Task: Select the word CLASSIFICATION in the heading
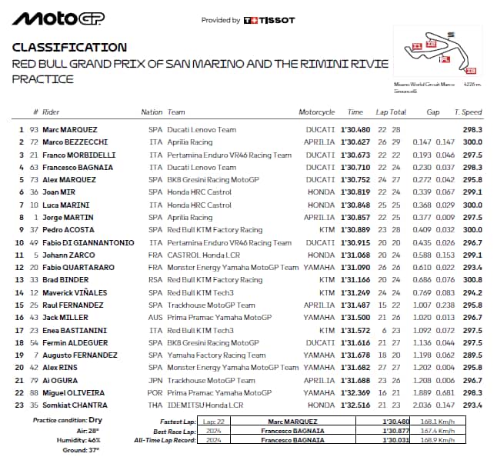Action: pyautogui.click(x=69, y=48)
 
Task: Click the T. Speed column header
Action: pyautogui.click(x=468, y=112)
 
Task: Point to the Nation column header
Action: pyautogui.click(x=152, y=112)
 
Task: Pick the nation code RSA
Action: pyautogui.click(x=155, y=280)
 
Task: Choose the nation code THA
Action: pyautogui.click(x=155, y=405)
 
